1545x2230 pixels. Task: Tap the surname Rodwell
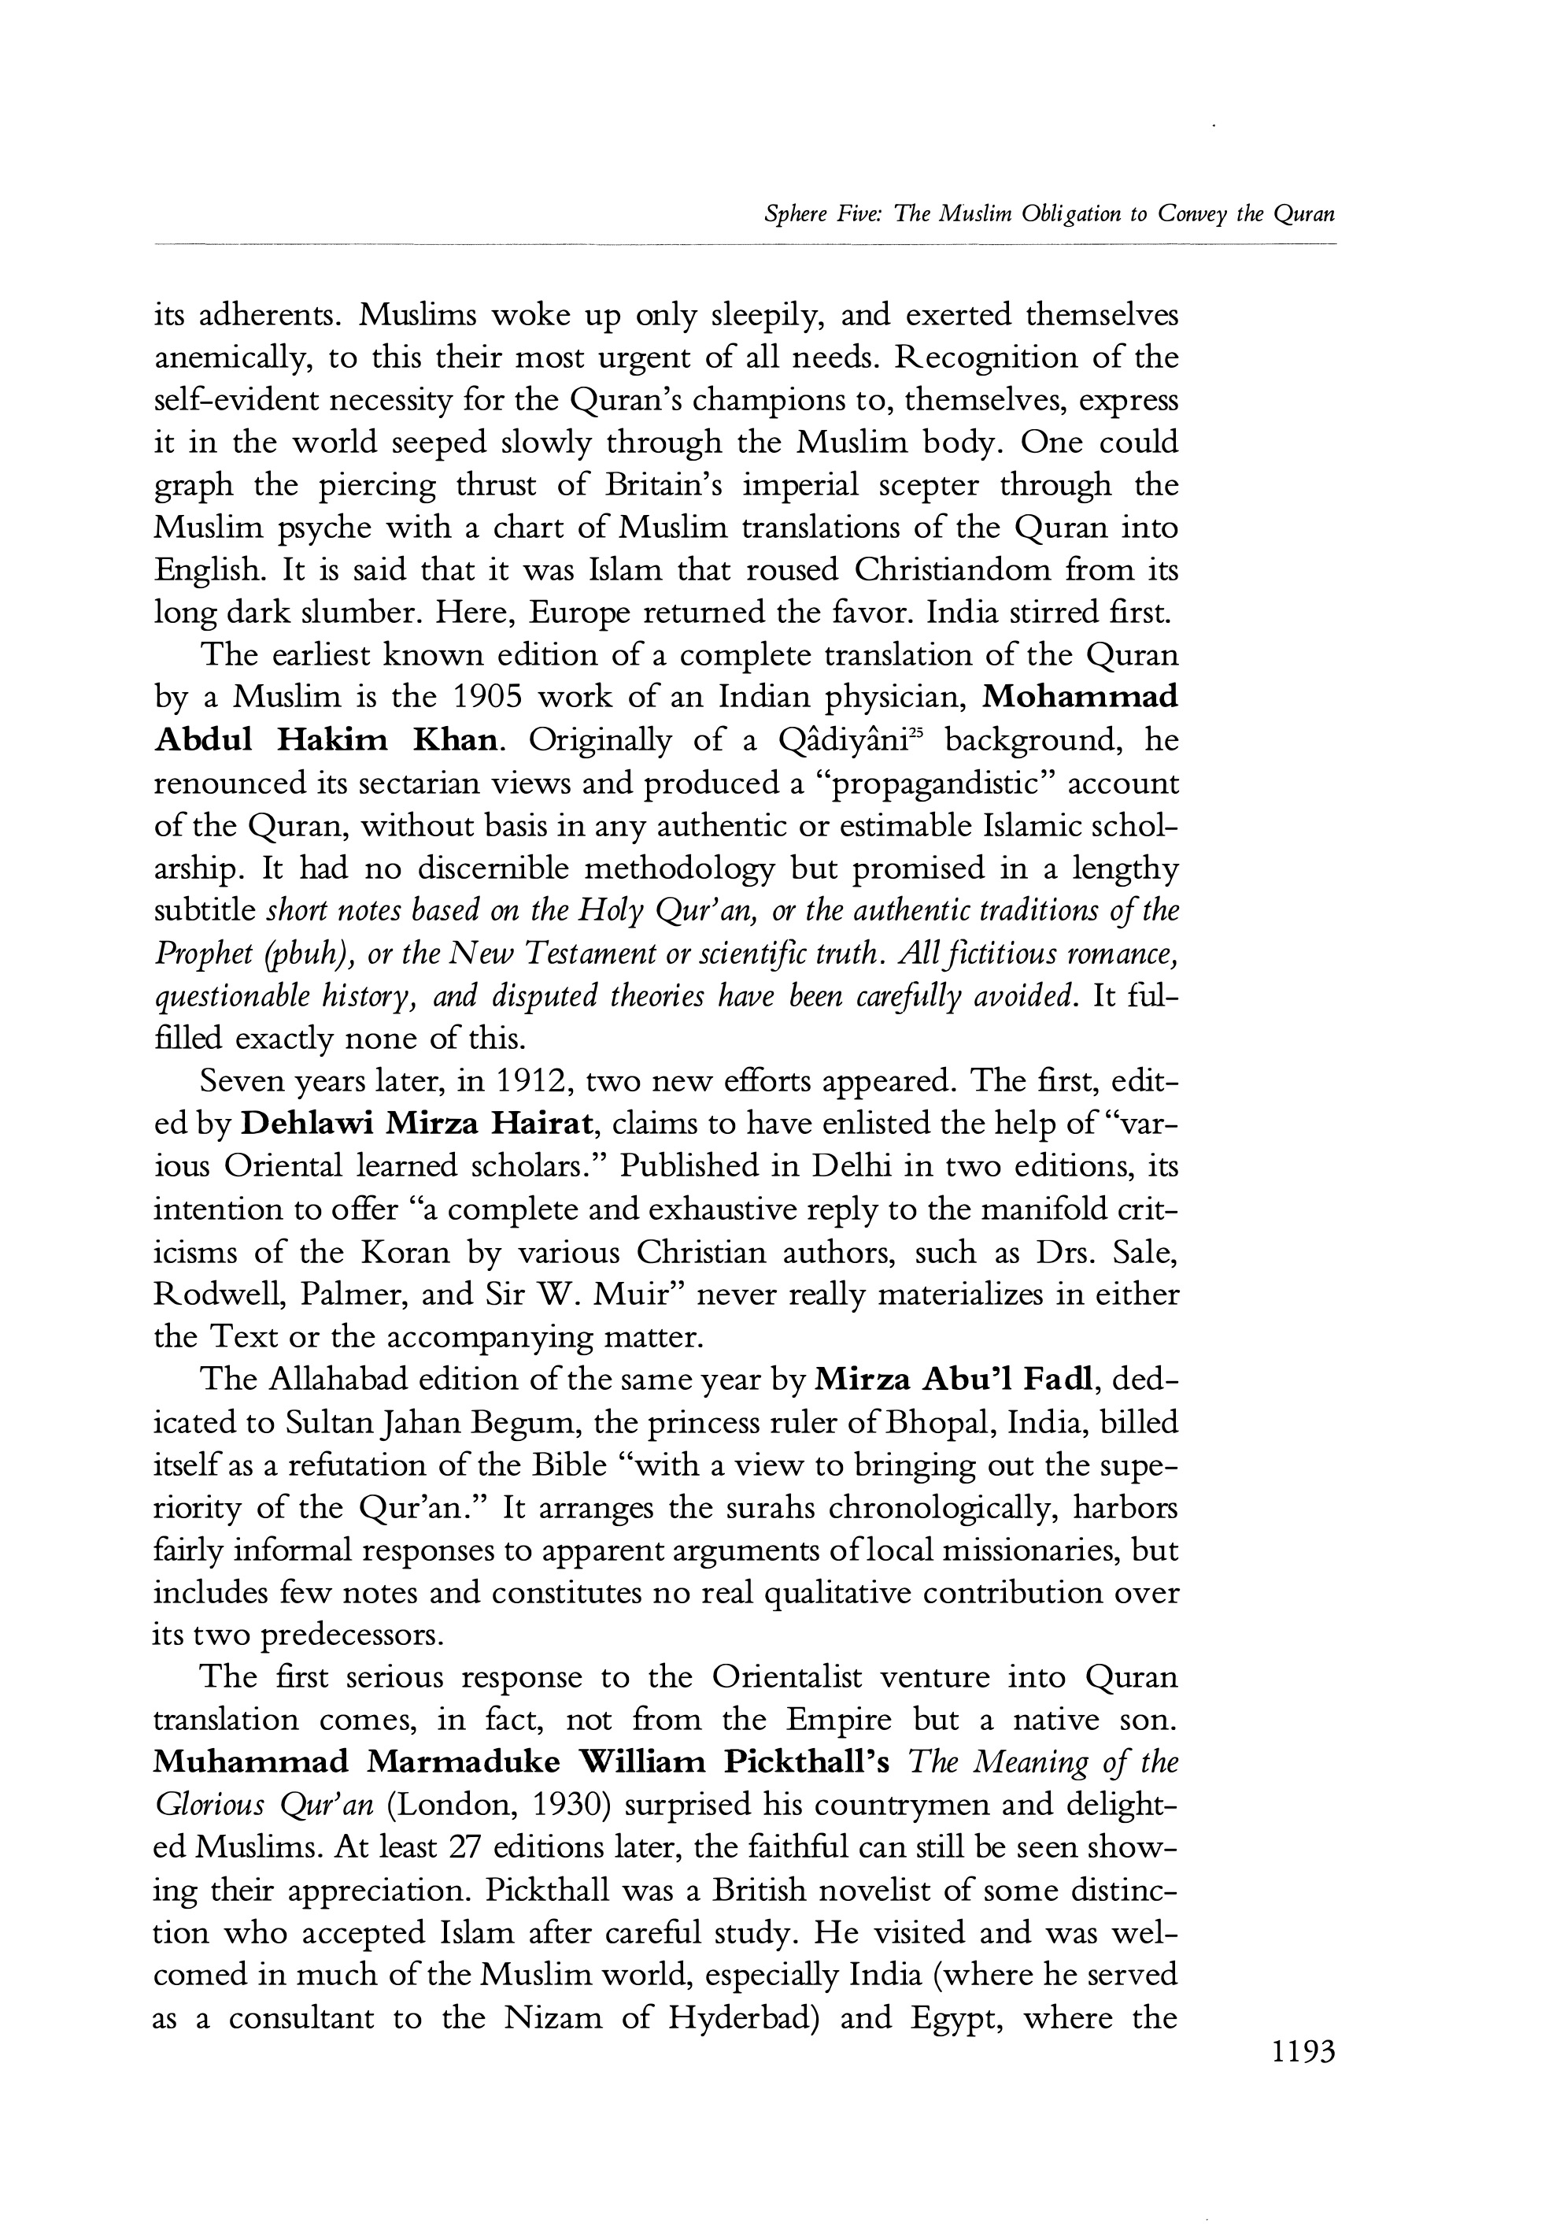tap(218, 1294)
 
